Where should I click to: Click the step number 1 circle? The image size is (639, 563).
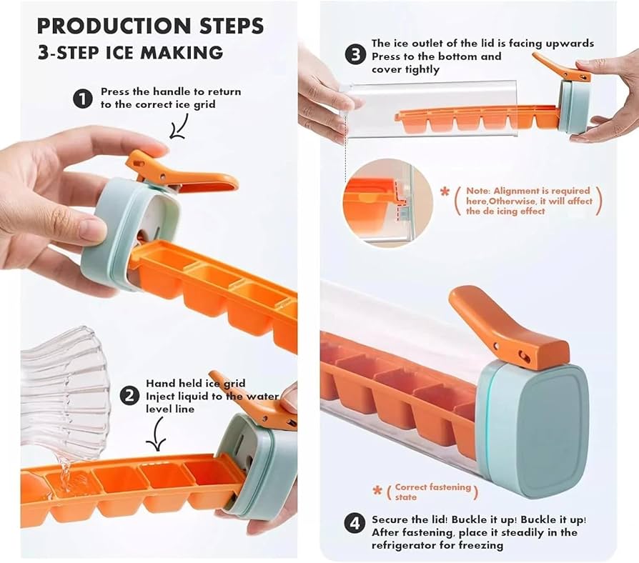pos(83,99)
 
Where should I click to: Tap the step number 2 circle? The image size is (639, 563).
pos(129,396)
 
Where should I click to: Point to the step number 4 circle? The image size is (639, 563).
pos(355,523)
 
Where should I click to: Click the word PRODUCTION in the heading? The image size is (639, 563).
pos(114,26)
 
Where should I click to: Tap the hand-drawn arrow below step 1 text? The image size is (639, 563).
pos(179,126)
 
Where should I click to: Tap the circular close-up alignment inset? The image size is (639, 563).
pos(388,203)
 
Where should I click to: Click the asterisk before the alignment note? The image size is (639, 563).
pos(445,191)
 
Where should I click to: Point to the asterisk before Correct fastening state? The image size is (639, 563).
pos(378,490)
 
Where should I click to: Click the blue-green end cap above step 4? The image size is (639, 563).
pos(534,430)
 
